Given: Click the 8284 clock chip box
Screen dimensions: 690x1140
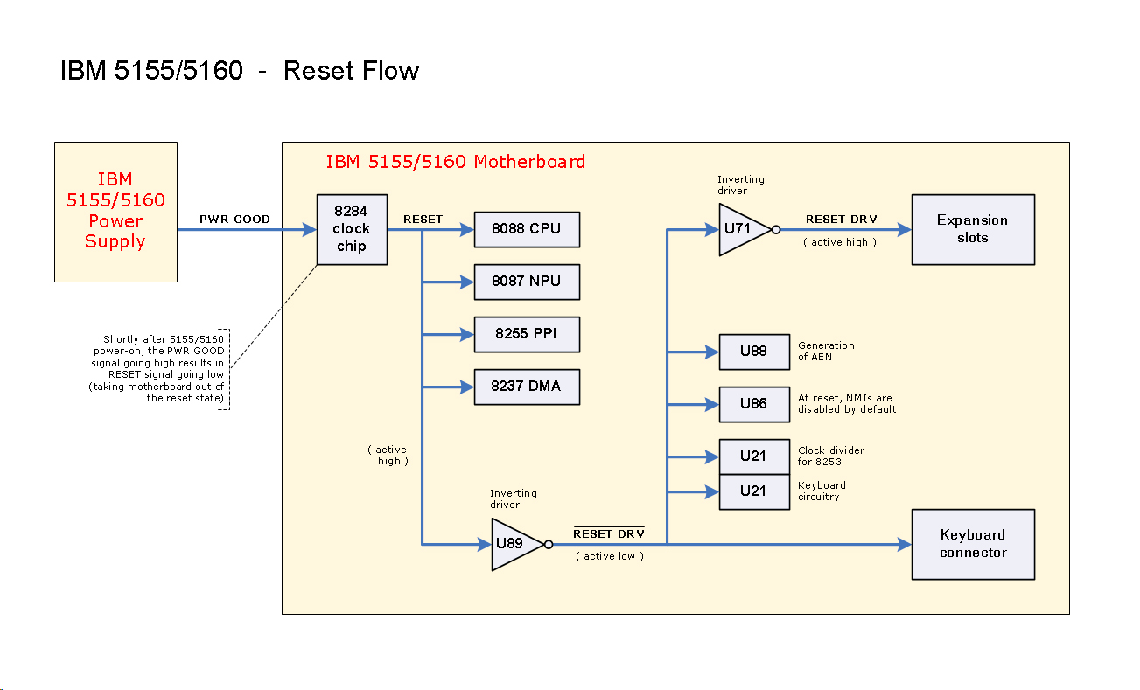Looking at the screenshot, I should point(352,229).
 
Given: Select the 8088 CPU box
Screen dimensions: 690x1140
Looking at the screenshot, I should point(527,229).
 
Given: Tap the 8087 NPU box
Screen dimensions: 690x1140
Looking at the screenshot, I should point(527,282).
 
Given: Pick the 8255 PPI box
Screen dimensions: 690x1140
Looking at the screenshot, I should point(527,334).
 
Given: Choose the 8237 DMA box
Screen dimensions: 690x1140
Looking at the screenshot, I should point(527,387).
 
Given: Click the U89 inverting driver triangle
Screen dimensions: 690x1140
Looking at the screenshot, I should point(513,544).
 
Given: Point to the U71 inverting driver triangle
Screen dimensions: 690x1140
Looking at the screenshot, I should point(740,230).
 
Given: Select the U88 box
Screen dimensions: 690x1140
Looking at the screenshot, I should point(753,352).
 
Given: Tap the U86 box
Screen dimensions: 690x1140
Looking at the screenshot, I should point(753,404).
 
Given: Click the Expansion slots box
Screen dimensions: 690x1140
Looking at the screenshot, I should point(973,229).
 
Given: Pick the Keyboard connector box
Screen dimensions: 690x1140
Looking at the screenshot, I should point(973,544).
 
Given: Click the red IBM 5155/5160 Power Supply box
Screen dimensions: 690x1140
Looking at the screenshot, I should point(115,212).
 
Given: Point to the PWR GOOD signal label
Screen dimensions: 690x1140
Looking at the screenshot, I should point(234,219).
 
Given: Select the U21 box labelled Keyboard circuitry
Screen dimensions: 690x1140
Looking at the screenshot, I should point(753,492).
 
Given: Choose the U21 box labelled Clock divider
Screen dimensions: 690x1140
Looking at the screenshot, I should point(753,456).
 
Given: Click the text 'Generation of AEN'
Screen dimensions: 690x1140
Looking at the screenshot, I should point(826,351).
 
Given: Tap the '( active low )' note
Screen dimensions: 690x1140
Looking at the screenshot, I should point(609,556).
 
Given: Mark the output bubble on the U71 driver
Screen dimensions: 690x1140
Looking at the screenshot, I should point(776,230).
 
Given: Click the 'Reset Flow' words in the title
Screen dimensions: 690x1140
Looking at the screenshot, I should point(351,71).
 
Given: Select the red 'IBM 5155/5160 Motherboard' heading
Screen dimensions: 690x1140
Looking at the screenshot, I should point(455,162).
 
